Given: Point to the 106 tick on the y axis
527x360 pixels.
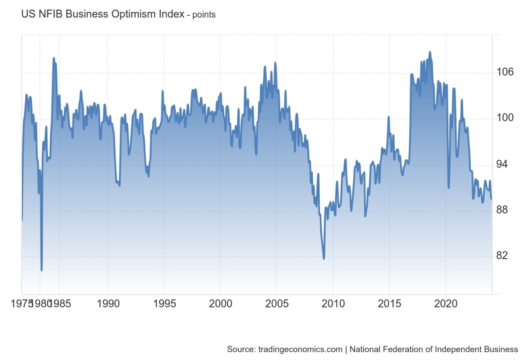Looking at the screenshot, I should coord(505,72).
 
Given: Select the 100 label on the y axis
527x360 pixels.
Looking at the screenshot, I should coord(505,118).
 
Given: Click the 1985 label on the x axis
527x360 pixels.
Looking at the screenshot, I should coord(59,304).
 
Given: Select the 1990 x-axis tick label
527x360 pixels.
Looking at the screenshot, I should coord(108,304).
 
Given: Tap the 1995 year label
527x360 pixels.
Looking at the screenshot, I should coord(164,304).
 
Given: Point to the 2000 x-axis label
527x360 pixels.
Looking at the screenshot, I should coord(220,304).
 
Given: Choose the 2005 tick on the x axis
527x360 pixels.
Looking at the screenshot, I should coord(276,304).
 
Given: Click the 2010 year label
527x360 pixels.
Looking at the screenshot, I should coord(333,304).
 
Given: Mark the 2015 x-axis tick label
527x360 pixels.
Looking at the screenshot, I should coord(389,304).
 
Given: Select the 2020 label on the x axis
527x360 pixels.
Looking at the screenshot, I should coord(446,304).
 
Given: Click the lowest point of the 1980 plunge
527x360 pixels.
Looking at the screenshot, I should coord(42,270).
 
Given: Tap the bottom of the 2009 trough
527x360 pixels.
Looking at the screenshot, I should coord(324,258).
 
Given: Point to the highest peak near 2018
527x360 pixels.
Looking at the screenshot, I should coord(430,52).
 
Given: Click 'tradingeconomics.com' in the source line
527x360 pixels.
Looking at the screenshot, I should coord(300,349).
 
